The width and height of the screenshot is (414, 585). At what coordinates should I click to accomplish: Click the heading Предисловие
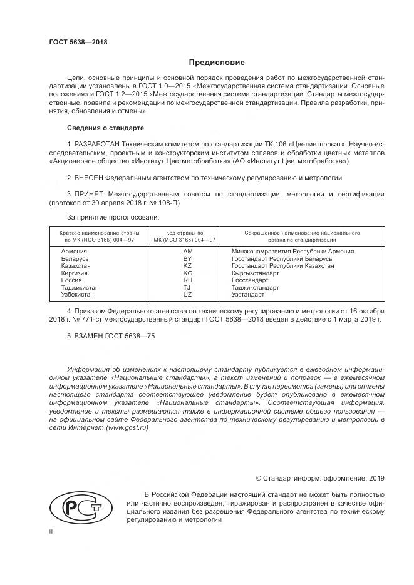(217, 63)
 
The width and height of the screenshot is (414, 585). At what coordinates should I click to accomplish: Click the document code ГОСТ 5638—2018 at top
(78, 42)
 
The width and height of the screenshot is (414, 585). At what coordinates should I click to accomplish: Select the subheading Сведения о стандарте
(105, 128)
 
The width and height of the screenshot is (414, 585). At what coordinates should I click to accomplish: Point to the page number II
(51, 531)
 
